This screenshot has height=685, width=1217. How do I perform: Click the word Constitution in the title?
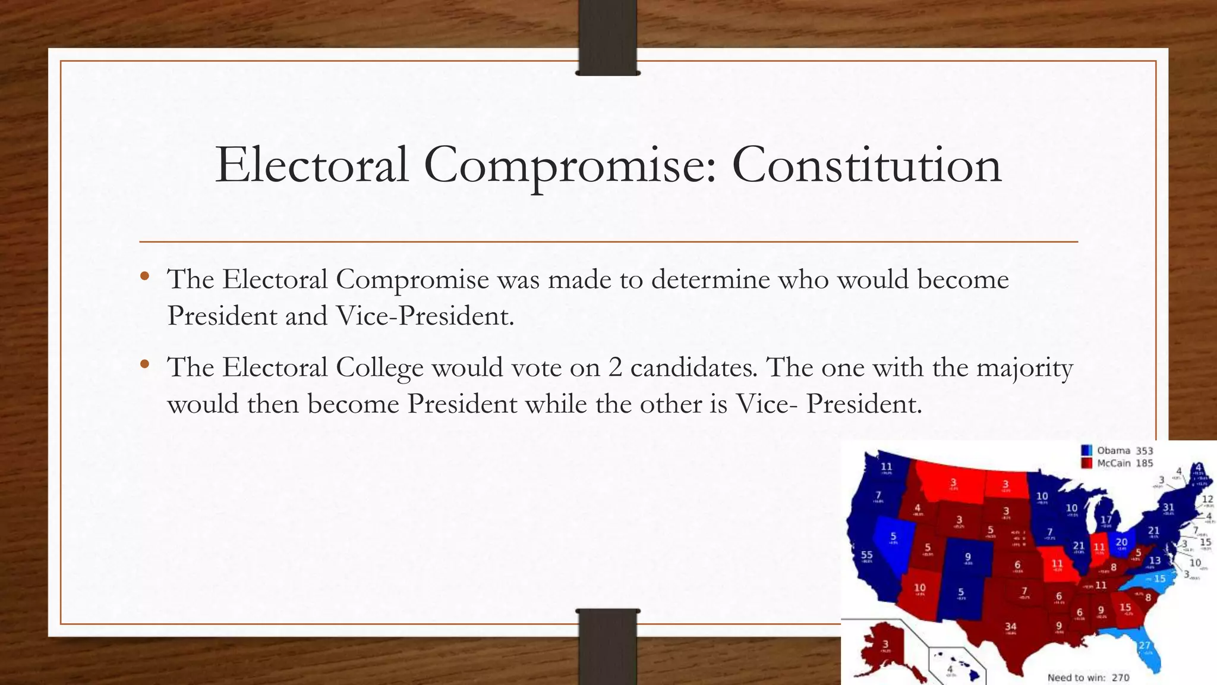[x=866, y=165]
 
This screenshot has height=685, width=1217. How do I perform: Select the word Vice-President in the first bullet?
[x=424, y=316]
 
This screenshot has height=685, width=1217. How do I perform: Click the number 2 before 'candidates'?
[x=614, y=368]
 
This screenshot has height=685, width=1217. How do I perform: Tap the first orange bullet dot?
[x=144, y=276]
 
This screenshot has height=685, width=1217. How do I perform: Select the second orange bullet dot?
[x=144, y=364]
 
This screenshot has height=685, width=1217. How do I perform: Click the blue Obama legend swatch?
[x=1087, y=451]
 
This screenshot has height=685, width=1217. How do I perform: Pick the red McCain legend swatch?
[x=1087, y=463]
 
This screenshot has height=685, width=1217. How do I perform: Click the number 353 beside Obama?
[x=1144, y=451]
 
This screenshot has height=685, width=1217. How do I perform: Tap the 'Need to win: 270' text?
[x=1088, y=677]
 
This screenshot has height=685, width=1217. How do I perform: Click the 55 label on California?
[x=867, y=555]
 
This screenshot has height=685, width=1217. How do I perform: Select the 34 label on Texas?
[x=1010, y=627]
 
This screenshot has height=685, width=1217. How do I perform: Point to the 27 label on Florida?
[x=1145, y=645]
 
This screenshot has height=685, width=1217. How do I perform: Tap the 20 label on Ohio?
[x=1121, y=542]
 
